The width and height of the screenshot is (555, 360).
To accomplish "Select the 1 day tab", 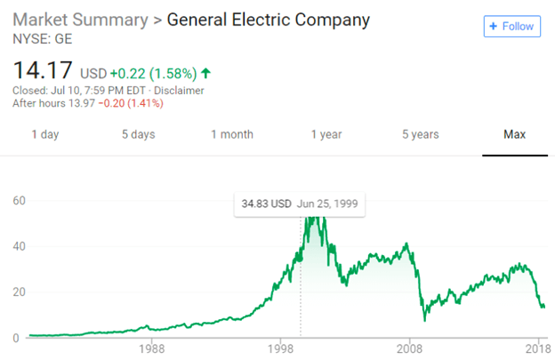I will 45,134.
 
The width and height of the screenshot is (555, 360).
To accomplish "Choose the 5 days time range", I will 138,134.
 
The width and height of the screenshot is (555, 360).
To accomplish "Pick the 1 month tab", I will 232,134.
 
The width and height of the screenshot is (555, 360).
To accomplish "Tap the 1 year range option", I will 326,134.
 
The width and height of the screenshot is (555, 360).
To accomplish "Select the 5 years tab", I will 420,134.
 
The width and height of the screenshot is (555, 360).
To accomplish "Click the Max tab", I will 514,134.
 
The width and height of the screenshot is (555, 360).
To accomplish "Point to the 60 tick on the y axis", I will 20,201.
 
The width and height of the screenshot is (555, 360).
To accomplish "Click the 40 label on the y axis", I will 20,246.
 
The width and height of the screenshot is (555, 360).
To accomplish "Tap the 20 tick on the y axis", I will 20,292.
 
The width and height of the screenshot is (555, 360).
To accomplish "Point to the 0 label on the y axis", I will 15,338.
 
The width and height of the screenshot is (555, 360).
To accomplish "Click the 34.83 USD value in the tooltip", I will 267,204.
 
